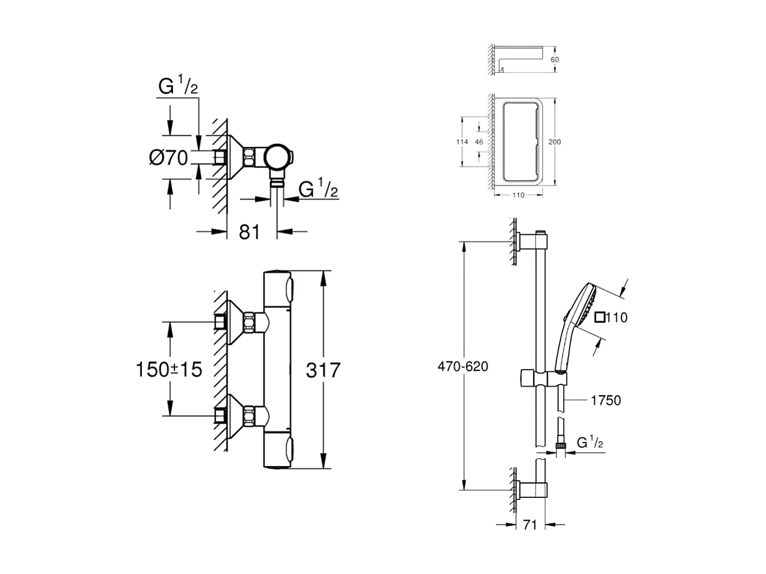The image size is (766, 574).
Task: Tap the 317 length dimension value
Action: click(x=323, y=370)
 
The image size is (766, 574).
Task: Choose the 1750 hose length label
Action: click(x=605, y=401)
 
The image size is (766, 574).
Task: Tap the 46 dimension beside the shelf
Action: click(x=479, y=142)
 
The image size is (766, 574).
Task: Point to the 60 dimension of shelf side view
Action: click(x=554, y=59)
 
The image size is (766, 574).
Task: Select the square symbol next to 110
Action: click(x=600, y=318)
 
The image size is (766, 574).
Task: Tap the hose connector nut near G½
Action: click(x=558, y=444)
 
